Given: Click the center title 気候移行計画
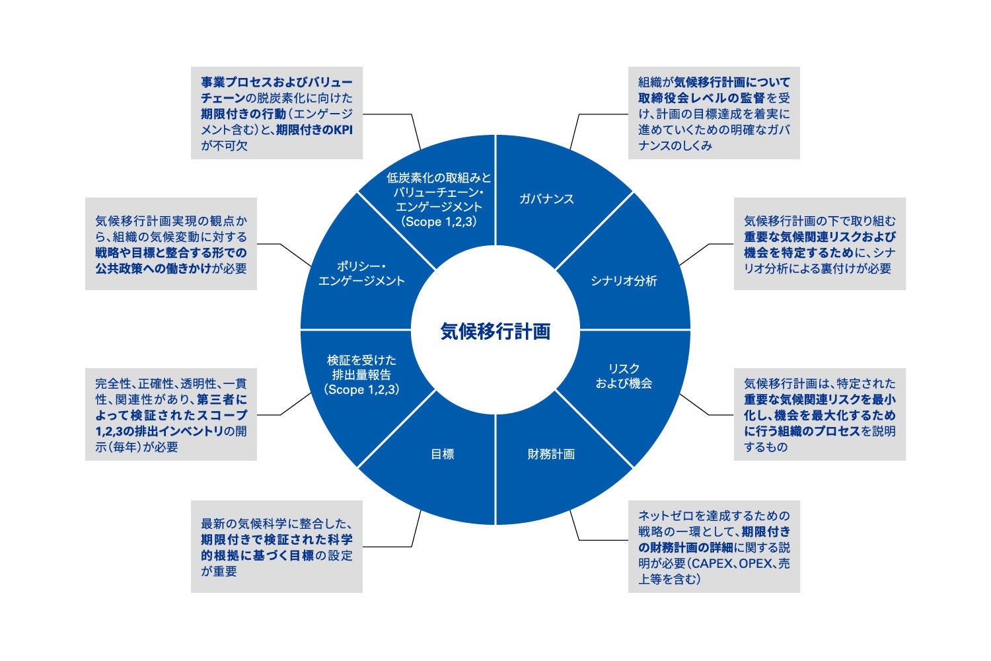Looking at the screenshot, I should coord(495,331).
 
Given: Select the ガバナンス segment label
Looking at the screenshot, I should coord(546,199).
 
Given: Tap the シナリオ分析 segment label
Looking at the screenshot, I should coord(624,281).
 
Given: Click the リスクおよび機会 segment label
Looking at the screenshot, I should coord(624,375).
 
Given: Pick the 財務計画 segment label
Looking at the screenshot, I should coord(551,454).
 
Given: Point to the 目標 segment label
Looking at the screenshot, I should coord(442,454).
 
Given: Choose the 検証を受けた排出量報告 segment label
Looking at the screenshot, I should coord(362,375).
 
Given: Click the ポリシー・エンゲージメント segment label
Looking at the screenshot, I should coord(361,273).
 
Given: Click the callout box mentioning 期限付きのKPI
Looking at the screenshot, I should coord(277,113).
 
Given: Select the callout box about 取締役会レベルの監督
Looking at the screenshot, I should coord(714,113).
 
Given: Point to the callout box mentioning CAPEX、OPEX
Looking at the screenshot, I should coord(714,547).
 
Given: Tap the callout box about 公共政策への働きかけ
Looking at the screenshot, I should coord(170,244).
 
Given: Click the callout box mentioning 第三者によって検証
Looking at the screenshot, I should coord(170,414).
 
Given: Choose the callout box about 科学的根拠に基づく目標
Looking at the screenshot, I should coord(277,547).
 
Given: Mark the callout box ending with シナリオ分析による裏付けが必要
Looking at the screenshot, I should coord(819,244).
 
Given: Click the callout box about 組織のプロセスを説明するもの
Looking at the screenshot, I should coord(819,414).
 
